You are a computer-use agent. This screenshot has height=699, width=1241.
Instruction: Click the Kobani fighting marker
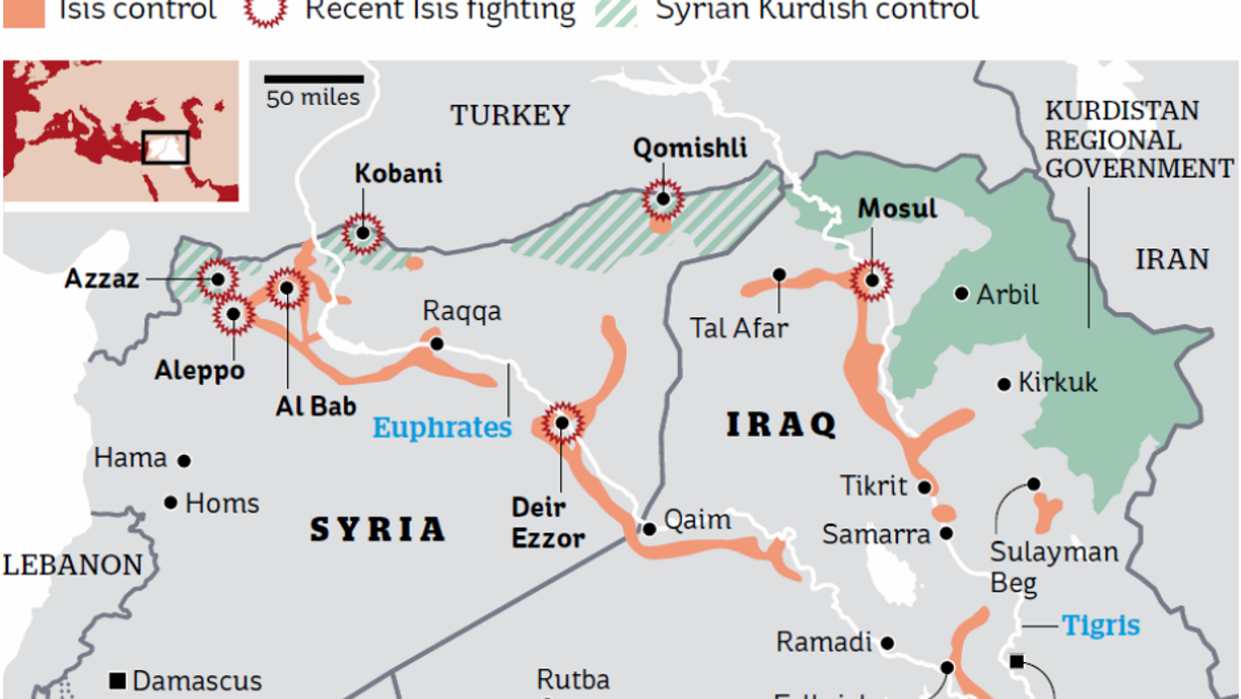coord(363,233)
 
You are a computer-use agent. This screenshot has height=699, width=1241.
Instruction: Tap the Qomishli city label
coord(689,149)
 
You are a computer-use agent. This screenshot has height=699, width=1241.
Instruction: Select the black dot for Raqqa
coord(437,343)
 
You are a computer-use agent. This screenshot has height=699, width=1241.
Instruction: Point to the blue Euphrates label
coord(442,428)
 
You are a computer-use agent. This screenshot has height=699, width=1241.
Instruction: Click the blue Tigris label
coord(1100,625)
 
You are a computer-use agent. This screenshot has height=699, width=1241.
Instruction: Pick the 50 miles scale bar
coord(313,78)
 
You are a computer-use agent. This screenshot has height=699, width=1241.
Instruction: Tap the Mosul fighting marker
coord(872,280)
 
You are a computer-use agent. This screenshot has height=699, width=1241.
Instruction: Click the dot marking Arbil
coord(961,293)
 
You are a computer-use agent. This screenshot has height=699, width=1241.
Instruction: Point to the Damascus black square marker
coord(117,682)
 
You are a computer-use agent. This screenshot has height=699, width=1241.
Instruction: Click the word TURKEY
coord(510,116)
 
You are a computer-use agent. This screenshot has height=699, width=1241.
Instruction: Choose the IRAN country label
coord(1172,260)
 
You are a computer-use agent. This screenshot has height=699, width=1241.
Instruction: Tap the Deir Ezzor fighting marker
coord(562,423)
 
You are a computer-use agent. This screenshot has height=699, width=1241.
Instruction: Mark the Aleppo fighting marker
coord(233,314)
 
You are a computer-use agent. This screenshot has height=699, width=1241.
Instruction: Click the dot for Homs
coord(171,503)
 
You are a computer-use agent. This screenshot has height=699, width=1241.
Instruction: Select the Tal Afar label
coord(739,327)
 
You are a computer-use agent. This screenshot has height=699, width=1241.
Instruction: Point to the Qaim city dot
coord(649,528)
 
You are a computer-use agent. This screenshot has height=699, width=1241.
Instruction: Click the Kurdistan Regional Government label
coord(1137,140)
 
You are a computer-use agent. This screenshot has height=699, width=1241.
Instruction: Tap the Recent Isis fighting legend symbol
coord(266,10)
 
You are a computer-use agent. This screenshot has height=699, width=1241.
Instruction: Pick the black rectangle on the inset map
coord(164,147)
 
